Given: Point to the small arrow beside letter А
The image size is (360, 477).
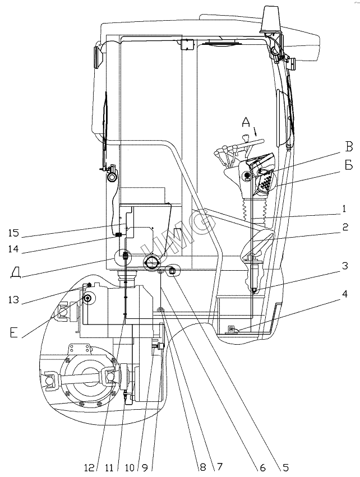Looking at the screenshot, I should pos(256,133).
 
